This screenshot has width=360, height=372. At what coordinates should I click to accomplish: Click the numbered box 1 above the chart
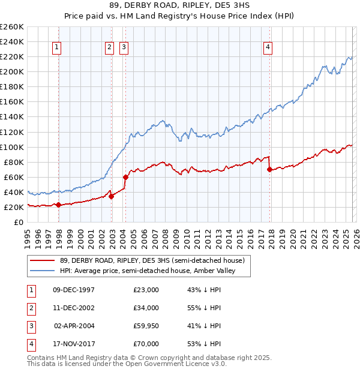56,47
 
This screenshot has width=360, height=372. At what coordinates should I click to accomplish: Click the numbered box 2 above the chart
109,47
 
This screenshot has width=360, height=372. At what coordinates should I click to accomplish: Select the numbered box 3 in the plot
124,47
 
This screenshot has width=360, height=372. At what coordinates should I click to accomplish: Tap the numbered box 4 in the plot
268,47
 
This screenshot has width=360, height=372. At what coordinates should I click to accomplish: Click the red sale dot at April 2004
125,177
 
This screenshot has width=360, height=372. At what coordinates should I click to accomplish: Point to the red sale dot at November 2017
269,170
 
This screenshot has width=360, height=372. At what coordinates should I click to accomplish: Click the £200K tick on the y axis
11,71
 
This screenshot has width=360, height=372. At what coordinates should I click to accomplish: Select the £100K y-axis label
11,147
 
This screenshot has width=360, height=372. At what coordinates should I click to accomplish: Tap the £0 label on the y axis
18,222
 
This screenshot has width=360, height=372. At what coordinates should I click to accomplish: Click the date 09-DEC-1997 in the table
74,290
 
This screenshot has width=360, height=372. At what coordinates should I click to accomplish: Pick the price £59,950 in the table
146,326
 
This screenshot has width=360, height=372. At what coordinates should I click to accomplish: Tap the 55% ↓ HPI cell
205,308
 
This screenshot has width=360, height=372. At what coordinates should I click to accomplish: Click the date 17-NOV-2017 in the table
74,344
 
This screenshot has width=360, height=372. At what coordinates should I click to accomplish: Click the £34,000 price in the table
146,308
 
